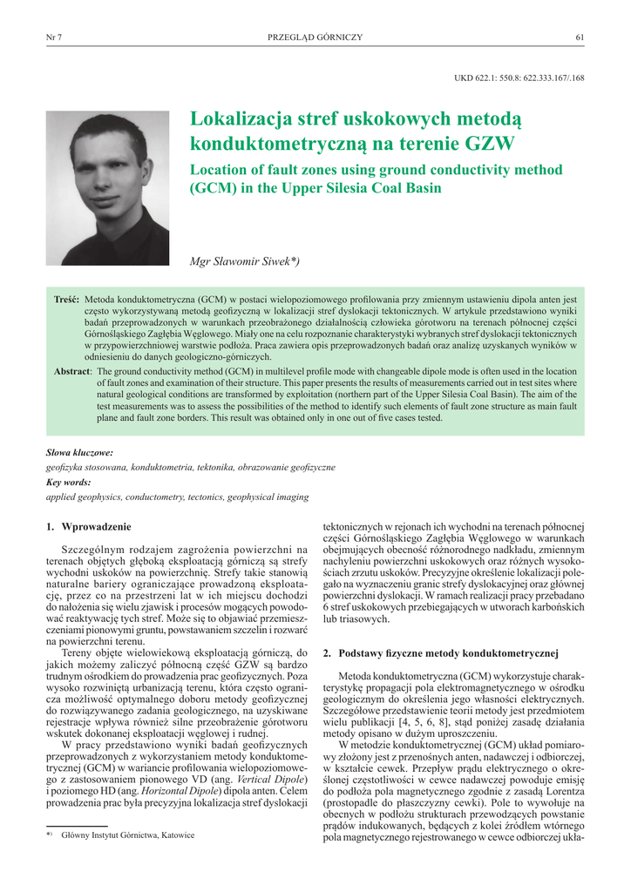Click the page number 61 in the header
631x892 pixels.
pyautogui.click(x=580, y=37)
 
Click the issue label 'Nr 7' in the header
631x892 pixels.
pyautogui.click(x=53, y=37)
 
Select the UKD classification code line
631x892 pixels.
pyautogui.click(x=519, y=78)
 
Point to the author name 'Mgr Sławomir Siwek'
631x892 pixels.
pyautogui.click(x=243, y=260)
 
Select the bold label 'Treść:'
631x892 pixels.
pyautogui.click(x=66, y=299)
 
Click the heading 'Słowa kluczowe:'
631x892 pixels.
pyautogui.click(x=79, y=453)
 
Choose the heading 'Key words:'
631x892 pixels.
pyautogui.click(x=67, y=482)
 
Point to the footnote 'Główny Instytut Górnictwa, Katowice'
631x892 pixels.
pyautogui.click(x=127, y=835)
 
